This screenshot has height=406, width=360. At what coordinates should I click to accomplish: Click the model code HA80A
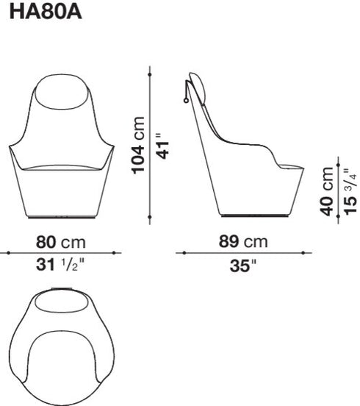tap(46, 13)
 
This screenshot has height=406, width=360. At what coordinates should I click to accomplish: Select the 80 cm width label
tap(60, 243)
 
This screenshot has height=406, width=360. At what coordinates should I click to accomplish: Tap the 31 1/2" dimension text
tap(60, 265)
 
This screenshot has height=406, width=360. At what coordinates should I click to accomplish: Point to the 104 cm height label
tap(138, 145)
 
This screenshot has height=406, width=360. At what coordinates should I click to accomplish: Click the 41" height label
tap(162, 146)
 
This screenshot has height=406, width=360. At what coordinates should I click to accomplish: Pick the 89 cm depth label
tap(243, 241)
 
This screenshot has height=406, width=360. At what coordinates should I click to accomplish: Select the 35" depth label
tap(243, 266)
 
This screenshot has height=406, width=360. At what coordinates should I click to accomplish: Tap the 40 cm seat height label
tap(326, 191)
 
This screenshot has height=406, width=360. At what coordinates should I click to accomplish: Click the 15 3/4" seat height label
tap(350, 192)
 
